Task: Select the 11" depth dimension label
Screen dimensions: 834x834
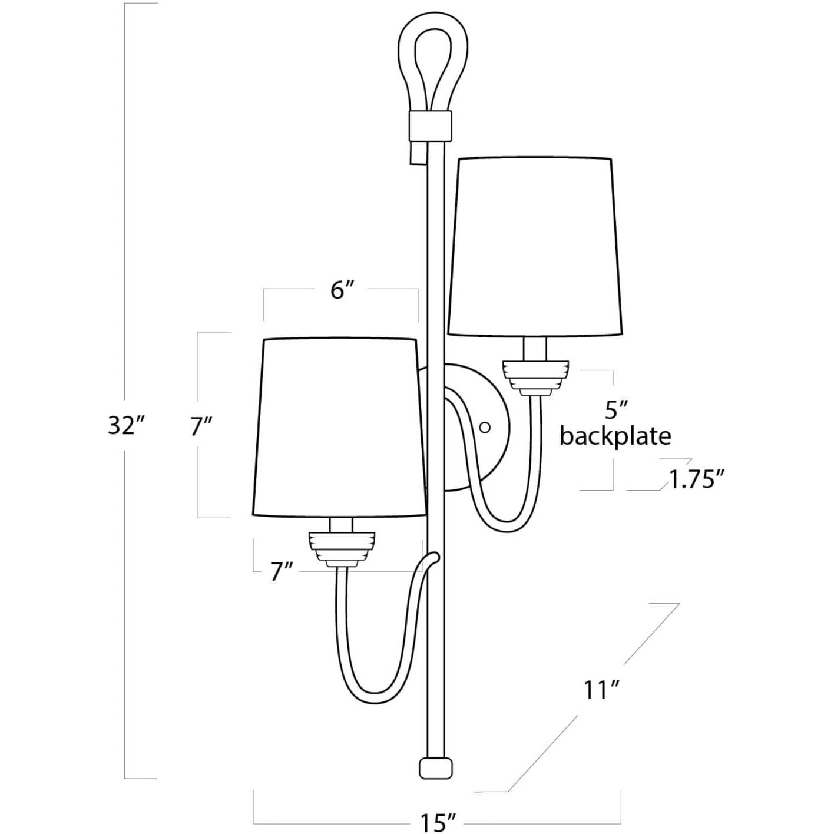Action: click(600, 690)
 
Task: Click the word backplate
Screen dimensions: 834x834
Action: click(615, 436)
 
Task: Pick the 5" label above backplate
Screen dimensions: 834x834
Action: click(616, 408)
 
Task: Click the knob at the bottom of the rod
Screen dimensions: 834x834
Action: click(436, 767)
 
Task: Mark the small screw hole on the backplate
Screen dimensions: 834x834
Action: click(486, 426)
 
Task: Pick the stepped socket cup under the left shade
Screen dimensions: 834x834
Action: click(342, 547)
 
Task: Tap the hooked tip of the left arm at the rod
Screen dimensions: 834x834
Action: click(434, 557)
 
